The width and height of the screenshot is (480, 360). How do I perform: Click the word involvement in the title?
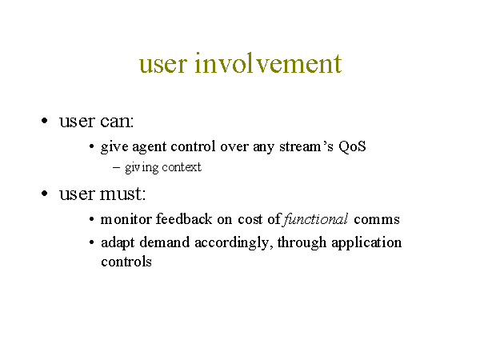[x=268, y=63]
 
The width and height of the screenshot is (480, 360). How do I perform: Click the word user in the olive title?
[x=162, y=65]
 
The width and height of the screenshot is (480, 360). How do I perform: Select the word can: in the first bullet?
[x=117, y=122]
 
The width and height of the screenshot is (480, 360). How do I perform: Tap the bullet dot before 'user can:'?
[x=45, y=121]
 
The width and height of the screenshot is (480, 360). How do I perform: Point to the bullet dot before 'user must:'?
[x=45, y=194]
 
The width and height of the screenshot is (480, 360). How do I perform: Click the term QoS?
[x=352, y=146]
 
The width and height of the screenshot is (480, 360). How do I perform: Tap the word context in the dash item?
[x=182, y=167]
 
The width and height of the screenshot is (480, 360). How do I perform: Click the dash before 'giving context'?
[x=116, y=167]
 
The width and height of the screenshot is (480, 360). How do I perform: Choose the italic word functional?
[x=316, y=219]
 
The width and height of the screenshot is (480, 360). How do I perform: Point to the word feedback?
[x=184, y=219]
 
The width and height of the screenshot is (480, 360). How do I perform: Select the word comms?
[x=377, y=220]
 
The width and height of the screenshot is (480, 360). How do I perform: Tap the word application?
[x=366, y=243]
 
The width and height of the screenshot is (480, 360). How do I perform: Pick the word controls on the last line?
[x=126, y=262]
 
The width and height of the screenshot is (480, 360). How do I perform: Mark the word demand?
[x=165, y=242]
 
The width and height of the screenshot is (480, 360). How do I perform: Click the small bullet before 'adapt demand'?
[x=91, y=242]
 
